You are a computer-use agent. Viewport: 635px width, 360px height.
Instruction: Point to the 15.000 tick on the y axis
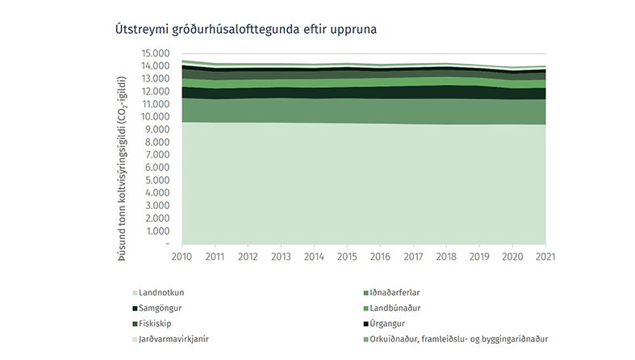(x=155, y=53)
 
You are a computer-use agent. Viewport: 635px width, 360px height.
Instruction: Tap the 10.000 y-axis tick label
(x=155, y=117)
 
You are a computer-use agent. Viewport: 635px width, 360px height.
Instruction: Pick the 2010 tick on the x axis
(x=181, y=257)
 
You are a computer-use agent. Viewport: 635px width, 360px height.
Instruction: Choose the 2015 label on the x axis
(x=347, y=257)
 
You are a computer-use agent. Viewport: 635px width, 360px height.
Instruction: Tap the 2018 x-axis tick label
(x=446, y=257)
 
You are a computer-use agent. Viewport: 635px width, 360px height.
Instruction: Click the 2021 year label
(x=545, y=257)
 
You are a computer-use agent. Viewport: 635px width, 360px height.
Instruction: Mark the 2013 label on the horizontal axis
(x=281, y=257)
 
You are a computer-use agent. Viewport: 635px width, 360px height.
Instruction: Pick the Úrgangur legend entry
(x=391, y=323)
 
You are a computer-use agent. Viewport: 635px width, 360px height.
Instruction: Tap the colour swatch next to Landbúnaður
(x=367, y=308)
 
